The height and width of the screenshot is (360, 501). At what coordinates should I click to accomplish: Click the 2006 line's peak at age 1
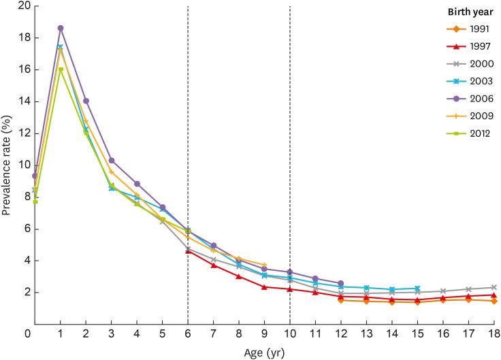click(61, 28)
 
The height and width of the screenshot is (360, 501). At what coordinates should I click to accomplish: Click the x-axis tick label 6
click(188, 333)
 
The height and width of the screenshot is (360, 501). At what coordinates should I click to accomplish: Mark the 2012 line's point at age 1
click(61, 69)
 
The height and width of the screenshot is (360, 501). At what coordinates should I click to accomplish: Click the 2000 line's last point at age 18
click(494, 287)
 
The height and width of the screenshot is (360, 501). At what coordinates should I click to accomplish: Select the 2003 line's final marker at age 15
click(417, 289)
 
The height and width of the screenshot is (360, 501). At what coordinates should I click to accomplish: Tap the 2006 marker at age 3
click(112, 161)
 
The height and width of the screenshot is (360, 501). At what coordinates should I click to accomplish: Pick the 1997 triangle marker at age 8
click(239, 276)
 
